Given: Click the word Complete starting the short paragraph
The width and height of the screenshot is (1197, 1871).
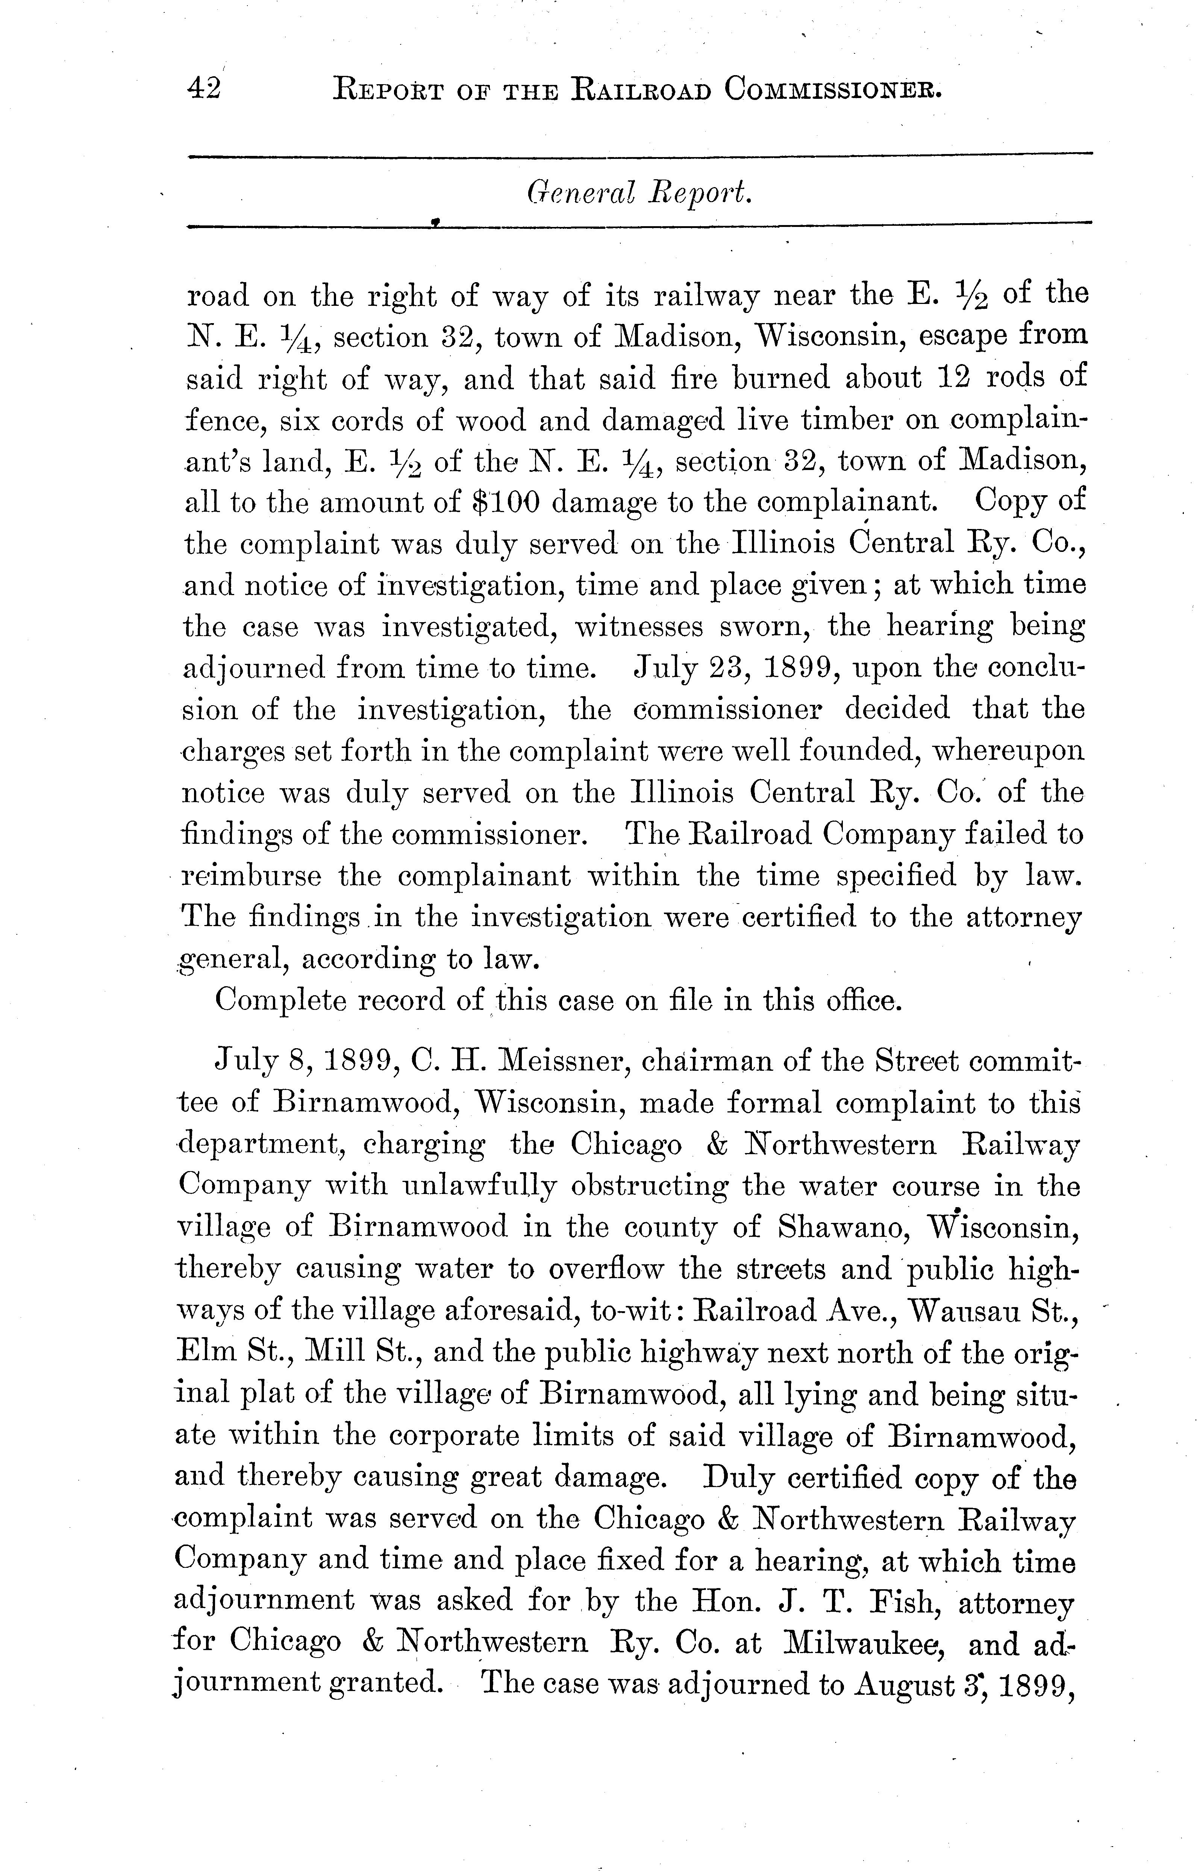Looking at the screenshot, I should point(280,1001).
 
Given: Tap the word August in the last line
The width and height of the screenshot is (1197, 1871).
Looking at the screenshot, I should point(904,1685).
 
